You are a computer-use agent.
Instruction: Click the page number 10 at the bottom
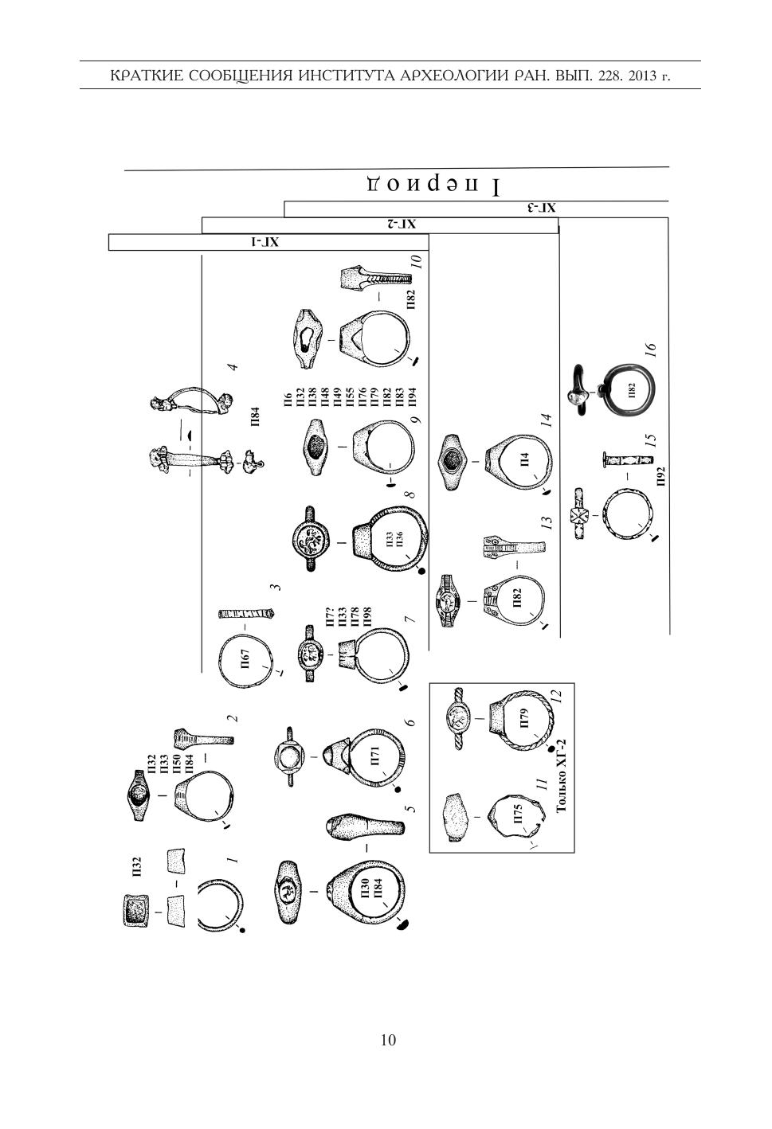[x=389, y=1040]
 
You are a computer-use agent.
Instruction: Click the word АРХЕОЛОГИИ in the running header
[x=449, y=76]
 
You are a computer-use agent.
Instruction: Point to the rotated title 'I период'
[x=434, y=186]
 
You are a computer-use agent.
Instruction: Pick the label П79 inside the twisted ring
[x=523, y=718]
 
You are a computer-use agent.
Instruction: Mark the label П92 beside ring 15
[x=660, y=475]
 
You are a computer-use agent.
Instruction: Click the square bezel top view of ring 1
[x=136, y=911]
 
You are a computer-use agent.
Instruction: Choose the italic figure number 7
[x=410, y=619]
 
